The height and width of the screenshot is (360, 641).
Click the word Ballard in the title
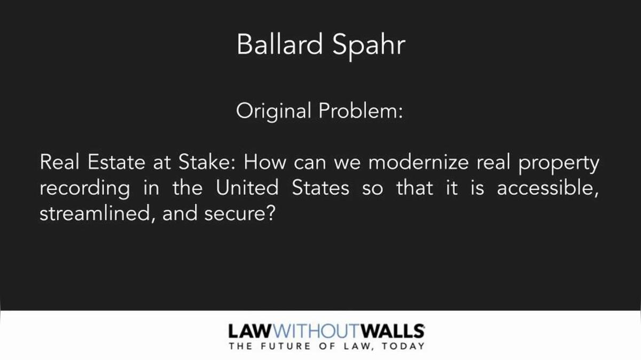279,44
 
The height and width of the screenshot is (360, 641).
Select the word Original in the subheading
273,112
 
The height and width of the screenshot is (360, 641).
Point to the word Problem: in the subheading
361,111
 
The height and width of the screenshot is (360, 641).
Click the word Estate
116,162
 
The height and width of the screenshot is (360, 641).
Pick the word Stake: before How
207,162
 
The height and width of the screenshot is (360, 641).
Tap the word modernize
418,162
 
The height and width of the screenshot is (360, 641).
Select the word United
247,187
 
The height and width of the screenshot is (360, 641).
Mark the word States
320,187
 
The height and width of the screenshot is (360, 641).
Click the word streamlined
94,214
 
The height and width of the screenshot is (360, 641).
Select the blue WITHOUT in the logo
316,331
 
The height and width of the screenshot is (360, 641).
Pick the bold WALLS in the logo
392,331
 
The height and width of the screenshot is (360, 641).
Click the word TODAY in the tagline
403,346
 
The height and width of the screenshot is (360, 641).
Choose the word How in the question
265,162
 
